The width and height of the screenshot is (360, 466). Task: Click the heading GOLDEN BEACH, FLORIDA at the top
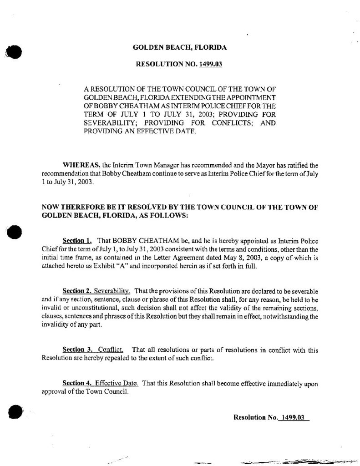pos(179,47)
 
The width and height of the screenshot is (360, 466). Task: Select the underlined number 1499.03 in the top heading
pos(210,64)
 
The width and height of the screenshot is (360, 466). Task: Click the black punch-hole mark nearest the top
pos(13,51)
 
